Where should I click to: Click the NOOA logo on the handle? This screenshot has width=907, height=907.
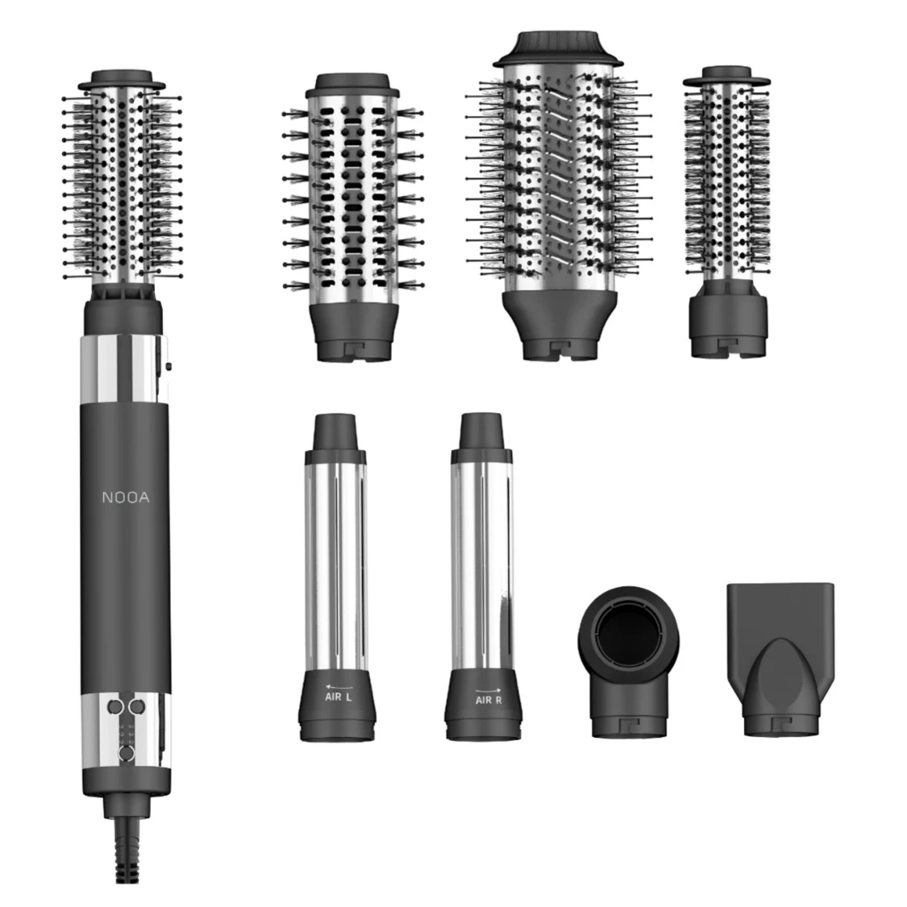click(x=126, y=497)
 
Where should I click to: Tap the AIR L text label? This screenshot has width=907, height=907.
click(x=338, y=697)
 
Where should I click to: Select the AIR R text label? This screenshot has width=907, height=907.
click(x=489, y=700)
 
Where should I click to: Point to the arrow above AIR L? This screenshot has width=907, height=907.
click(x=339, y=687)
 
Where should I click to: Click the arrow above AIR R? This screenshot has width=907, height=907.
click(x=489, y=689)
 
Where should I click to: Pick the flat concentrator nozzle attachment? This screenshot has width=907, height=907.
click(x=781, y=659)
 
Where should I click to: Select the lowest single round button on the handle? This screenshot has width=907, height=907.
click(x=126, y=753)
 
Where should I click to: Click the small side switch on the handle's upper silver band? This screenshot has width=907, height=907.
click(x=168, y=365)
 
